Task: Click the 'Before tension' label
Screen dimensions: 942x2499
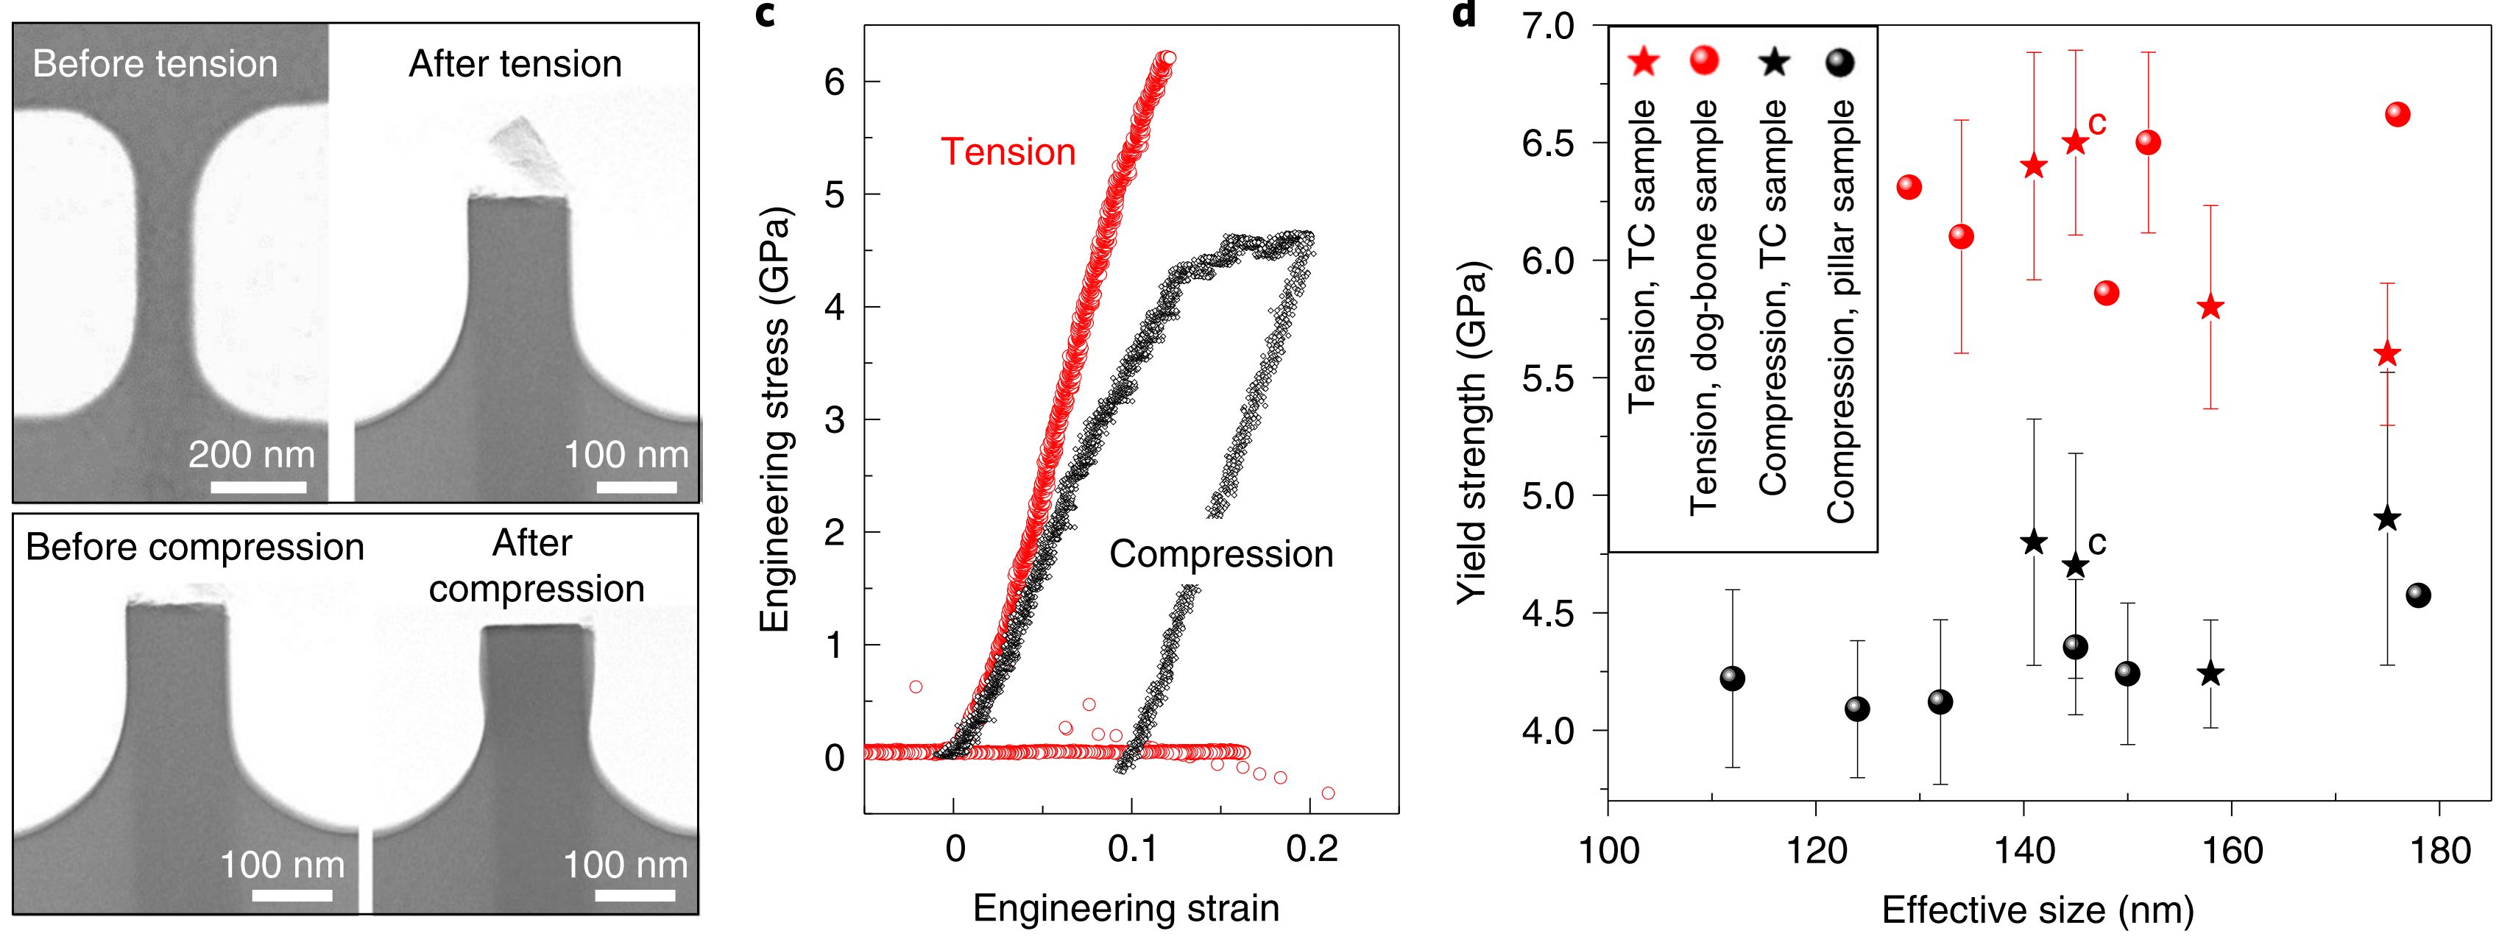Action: tap(155, 64)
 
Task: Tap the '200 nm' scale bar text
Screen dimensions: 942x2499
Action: tap(251, 454)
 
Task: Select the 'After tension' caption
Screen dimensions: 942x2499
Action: tap(515, 64)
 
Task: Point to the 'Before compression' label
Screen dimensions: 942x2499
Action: tap(194, 547)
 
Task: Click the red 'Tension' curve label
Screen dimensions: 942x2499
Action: tap(1008, 152)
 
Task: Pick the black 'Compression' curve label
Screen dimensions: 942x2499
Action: tap(1220, 554)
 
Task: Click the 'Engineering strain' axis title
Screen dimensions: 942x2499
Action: tap(1125, 908)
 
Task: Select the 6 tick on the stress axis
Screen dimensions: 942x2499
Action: tap(833, 82)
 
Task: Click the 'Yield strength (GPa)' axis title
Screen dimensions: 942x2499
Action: tap(1471, 433)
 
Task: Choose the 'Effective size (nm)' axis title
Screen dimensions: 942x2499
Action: tap(2037, 910)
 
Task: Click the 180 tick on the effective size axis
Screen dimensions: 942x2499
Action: tap(2438, 851)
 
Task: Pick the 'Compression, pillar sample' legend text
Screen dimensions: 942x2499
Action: tap(1839, 311)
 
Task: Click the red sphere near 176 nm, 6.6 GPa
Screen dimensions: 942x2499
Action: tap(2397, 115)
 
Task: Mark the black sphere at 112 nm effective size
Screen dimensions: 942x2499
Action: tap(1732, 678)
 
